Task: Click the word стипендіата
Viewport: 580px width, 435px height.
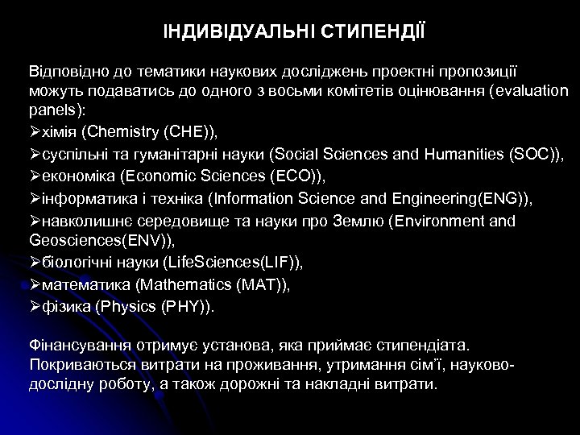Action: click(425, 345)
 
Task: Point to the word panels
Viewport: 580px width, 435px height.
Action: click(52, 108)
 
